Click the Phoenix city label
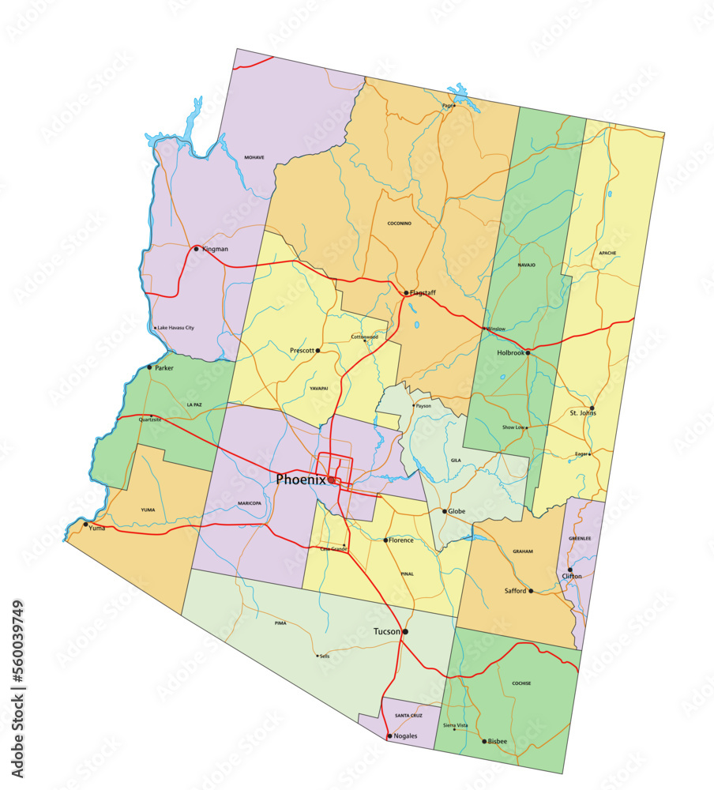301,480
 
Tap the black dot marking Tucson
405,632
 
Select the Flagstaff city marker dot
406,293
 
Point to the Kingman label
215,249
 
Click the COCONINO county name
399,224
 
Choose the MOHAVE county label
254,157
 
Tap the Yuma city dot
86,524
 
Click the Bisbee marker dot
484,741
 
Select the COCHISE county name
521,683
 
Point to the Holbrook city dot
528,353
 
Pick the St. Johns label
583,413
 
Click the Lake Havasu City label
175,328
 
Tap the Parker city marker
149,367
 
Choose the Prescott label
303,350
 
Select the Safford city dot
531,591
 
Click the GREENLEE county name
580,539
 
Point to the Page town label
448,106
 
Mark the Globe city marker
445,512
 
